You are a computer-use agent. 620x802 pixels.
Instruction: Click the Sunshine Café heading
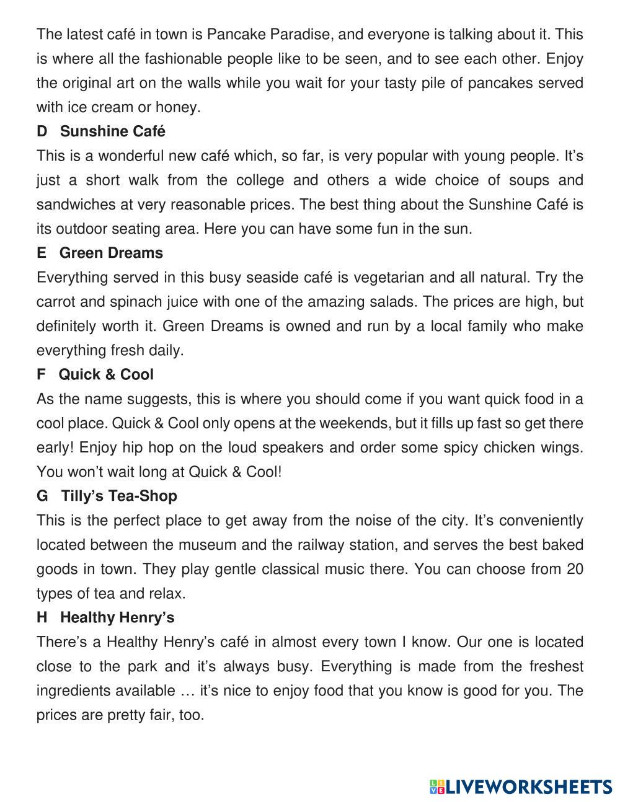pos(113,131)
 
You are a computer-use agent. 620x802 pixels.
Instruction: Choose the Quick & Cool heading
pos(106,374)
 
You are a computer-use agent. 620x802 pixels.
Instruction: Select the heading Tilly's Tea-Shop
pos(119,496)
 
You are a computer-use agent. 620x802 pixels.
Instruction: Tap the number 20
pos(575,569)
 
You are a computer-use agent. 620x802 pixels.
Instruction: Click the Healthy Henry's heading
pos(117,617)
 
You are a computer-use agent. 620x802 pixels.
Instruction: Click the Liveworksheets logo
pos(521,787)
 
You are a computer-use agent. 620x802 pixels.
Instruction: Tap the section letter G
pos(42,496)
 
